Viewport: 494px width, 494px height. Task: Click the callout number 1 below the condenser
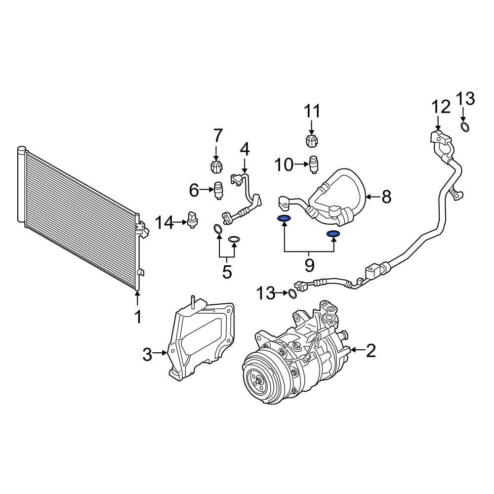point(138,316)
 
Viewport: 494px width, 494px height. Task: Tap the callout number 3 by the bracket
point(147,354)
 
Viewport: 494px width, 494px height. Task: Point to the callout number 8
point(386,197)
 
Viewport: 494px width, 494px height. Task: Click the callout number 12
point(441,106)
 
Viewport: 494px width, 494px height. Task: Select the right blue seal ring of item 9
point(333,233)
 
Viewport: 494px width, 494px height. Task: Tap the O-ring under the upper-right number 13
point(465,128)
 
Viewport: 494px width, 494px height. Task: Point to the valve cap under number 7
point(216,166)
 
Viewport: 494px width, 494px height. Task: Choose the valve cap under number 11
point(312,140)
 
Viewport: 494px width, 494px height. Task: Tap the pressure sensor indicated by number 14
point(193,219)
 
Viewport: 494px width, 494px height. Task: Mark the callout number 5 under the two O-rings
point(227,272)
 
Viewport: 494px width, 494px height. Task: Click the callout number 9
point(309,266)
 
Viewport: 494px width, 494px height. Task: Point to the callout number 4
point(245,148)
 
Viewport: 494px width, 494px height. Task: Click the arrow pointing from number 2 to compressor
point(357,351)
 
